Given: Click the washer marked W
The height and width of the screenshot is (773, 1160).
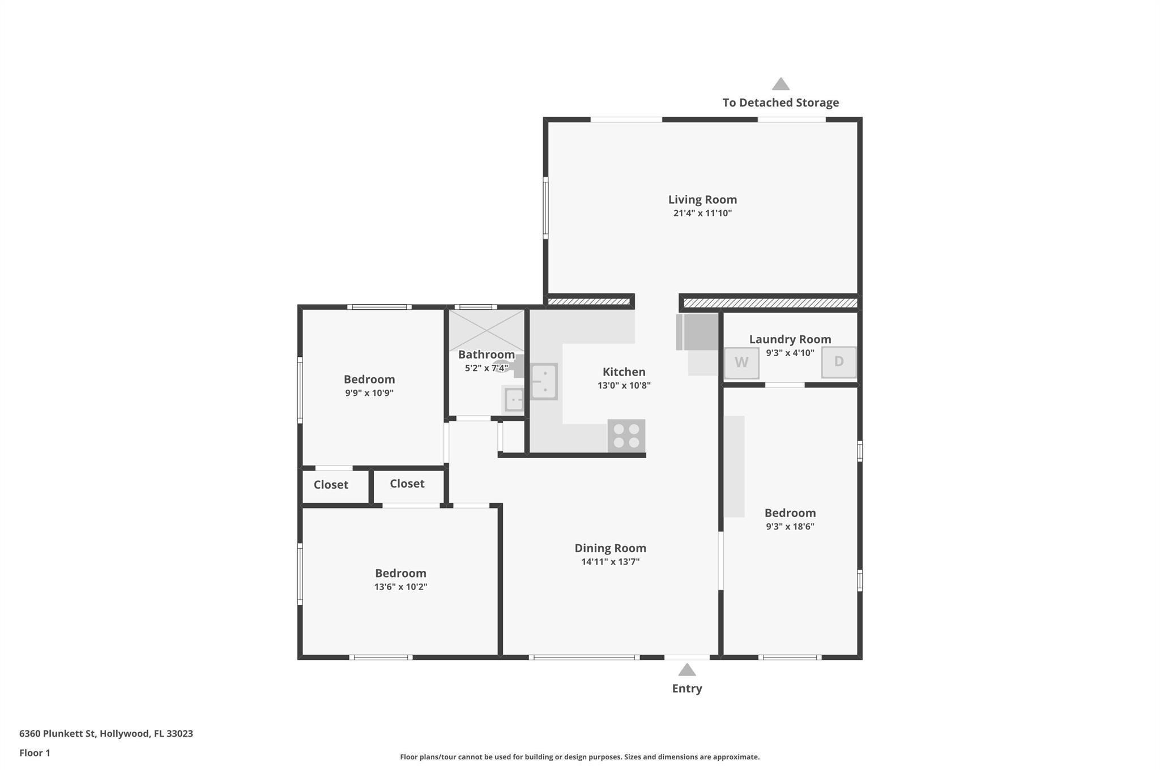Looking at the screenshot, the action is (741, 363).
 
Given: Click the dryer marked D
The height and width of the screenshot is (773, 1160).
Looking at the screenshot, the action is (839, 362).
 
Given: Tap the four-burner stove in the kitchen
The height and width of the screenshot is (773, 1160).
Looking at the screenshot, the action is (626, 435).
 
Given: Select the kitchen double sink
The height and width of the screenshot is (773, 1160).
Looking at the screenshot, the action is (544, 381).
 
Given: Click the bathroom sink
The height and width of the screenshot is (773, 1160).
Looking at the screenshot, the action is (514, 400).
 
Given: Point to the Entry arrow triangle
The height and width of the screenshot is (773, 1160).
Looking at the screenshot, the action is (687, 670).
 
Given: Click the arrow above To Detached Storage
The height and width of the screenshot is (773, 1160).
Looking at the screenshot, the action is (781, 84).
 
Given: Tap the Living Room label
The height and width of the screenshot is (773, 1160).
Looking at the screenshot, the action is (702, 199).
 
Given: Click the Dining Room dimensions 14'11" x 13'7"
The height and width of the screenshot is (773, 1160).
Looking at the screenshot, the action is (610, 562).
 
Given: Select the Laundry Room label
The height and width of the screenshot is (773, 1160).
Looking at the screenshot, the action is (790, 339).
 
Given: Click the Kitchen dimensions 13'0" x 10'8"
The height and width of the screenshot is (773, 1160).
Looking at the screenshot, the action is (624, 386).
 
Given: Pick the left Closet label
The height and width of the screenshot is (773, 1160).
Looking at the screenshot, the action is (331, 485).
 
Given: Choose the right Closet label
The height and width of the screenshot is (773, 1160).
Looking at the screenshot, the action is (407, 484).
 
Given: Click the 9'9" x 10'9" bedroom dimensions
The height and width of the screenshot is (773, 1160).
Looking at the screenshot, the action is (369, 393).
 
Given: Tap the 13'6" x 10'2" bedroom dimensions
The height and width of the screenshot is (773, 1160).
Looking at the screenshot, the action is (400, 587).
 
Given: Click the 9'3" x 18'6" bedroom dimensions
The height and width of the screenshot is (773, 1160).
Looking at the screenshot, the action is (790, 527).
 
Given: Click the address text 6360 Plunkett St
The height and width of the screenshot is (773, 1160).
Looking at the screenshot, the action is (57, 733).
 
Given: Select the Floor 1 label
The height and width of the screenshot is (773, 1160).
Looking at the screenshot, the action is (35, 753).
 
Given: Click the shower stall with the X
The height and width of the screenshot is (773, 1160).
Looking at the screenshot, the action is (487, 330).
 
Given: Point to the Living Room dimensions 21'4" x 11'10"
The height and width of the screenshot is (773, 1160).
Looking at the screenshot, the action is (702, 213).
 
